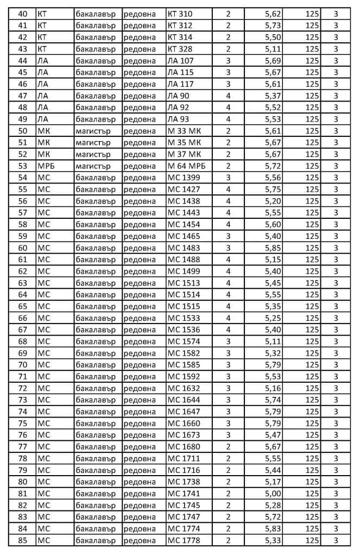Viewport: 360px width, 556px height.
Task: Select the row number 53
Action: tap(22, 166)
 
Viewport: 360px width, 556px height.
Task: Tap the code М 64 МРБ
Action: tap(186, 166)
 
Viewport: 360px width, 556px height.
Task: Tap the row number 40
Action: tap(22, 14)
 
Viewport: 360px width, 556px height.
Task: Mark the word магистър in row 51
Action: tap(93, 142)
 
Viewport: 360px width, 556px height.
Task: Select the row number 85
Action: tap(22, 540)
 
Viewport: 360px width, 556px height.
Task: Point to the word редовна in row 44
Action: tap(140, 60)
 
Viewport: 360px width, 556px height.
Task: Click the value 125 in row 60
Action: tap(312, 248)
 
